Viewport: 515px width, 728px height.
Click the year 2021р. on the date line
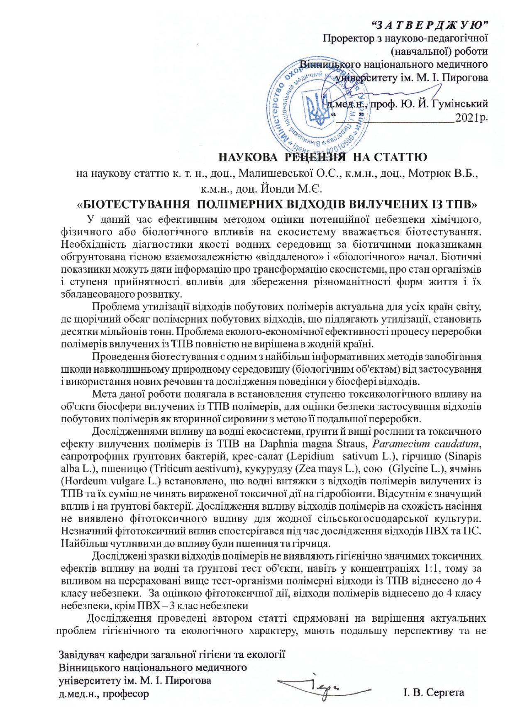click(471, 118)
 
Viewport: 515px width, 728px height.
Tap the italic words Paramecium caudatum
click(426, 444)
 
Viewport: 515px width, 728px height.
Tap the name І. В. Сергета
click(434, 692)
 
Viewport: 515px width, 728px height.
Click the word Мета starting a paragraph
click(104, 393)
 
